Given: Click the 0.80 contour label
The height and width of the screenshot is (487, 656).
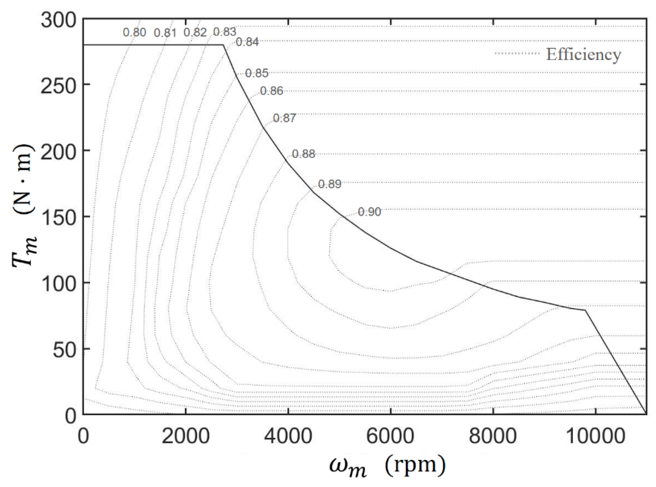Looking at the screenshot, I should coord(134,32).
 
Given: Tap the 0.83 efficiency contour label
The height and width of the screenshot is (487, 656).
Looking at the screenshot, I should coord(225,32).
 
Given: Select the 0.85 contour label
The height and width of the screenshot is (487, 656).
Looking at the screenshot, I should coord(257,73).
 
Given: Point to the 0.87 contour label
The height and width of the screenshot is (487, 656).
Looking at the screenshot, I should coord(284,118).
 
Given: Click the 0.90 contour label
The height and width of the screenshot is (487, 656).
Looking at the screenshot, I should coord(370,212).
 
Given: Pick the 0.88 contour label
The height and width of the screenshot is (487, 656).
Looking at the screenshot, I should coord(303,154).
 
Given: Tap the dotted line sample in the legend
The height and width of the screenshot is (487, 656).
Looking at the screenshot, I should coord(517,53).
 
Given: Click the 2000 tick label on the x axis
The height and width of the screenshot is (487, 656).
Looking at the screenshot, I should coord(185,437).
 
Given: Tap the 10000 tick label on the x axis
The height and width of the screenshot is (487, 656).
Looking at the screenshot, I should coord(595,437).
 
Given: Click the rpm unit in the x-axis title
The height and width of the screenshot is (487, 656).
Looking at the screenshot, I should coord(415,465).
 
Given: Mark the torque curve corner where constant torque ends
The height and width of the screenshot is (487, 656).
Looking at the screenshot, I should coord(223,45).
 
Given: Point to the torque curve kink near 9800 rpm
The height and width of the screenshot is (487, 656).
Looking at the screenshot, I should coord(585,310).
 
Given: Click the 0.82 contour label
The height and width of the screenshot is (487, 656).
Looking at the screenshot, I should coord(195,32).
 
